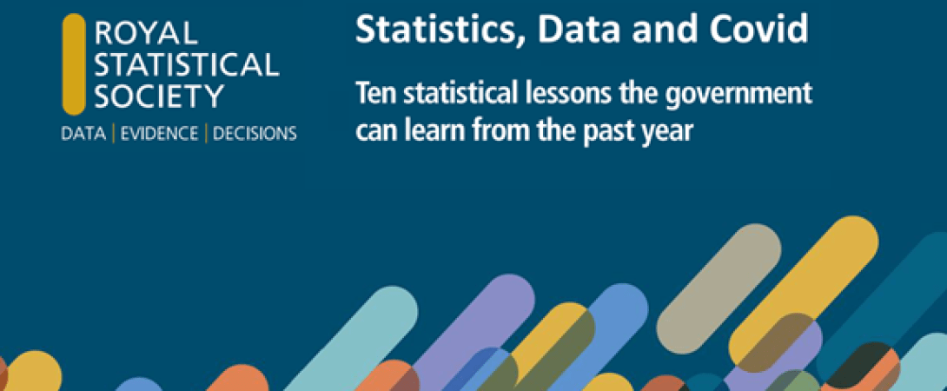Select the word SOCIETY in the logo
[x=159, y=96]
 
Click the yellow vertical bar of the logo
[x=75, y=64]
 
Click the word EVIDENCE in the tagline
[x=161, y=134]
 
